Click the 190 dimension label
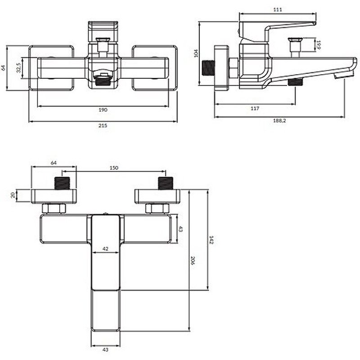click(x=103, y=110)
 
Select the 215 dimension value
click(x=103, y=126)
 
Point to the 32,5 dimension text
click(x=18, y=67)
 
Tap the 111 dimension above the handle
click(x=277, y=9)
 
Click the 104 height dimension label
click(x=195, y=53)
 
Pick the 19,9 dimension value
click(x=318, y=45)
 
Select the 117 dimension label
click(x=254, y=108)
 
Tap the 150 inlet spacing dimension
click(x=114, y=168)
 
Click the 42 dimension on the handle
click(x=105, y=248)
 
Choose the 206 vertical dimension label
click(x=193, y=260)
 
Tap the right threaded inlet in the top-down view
click(x=166, y=183)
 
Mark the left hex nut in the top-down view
click(x=54, y=209)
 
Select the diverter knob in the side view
click(x=295, y=45)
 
